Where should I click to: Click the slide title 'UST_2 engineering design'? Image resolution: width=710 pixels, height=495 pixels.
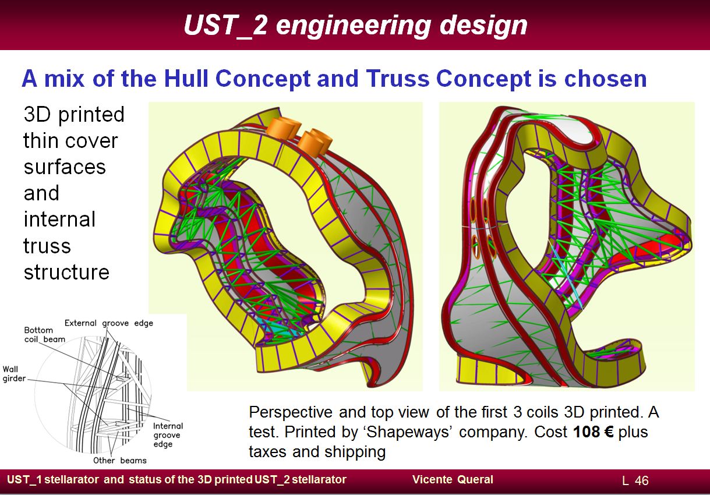coord(355,26)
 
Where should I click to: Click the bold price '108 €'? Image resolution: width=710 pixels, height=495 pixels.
coord(594,432)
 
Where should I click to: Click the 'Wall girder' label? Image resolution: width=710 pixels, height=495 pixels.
coord(14,374)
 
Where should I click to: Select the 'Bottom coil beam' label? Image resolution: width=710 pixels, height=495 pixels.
coord(45,335)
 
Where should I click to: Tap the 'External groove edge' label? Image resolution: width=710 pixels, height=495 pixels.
coord(109,323)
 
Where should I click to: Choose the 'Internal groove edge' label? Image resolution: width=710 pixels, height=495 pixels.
coord(168,435)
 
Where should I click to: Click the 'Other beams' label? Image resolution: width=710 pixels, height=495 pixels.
coord(120,460)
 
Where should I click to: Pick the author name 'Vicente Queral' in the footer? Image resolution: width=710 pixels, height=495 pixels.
coord(453,479)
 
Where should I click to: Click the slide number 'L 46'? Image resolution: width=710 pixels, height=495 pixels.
coord(635,480)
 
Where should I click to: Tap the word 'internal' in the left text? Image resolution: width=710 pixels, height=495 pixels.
coord(59,220)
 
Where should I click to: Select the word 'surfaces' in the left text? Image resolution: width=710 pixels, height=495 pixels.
coord(65,167)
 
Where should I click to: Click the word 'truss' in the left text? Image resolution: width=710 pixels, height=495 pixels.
coord(47,246)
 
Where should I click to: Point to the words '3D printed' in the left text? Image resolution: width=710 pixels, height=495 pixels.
coord(74,115)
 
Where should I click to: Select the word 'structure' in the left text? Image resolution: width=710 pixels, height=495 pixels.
coord(66,272)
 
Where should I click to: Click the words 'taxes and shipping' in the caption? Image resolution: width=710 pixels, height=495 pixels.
coord(317,452)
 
